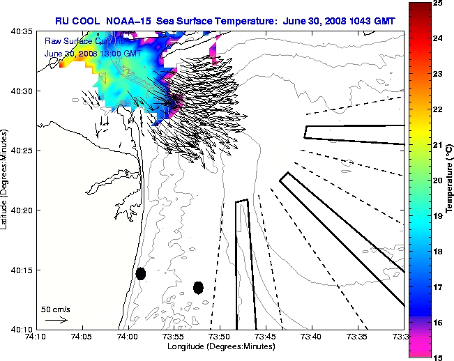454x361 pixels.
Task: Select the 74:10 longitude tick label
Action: coord(36,337)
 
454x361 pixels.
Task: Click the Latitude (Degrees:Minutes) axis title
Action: coord(6,180)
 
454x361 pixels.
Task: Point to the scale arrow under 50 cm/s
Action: coord(56,320)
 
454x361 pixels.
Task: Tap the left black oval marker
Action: coord(141,273)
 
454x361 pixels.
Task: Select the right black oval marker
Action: coord(199,287)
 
